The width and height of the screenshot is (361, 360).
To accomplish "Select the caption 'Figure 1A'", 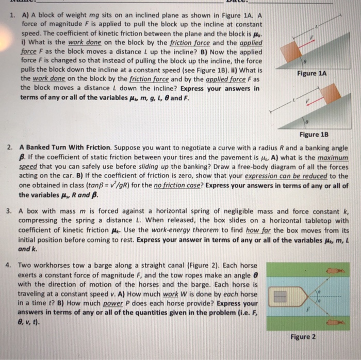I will [311, 73].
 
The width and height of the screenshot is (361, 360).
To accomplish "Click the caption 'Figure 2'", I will [304, 337].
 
